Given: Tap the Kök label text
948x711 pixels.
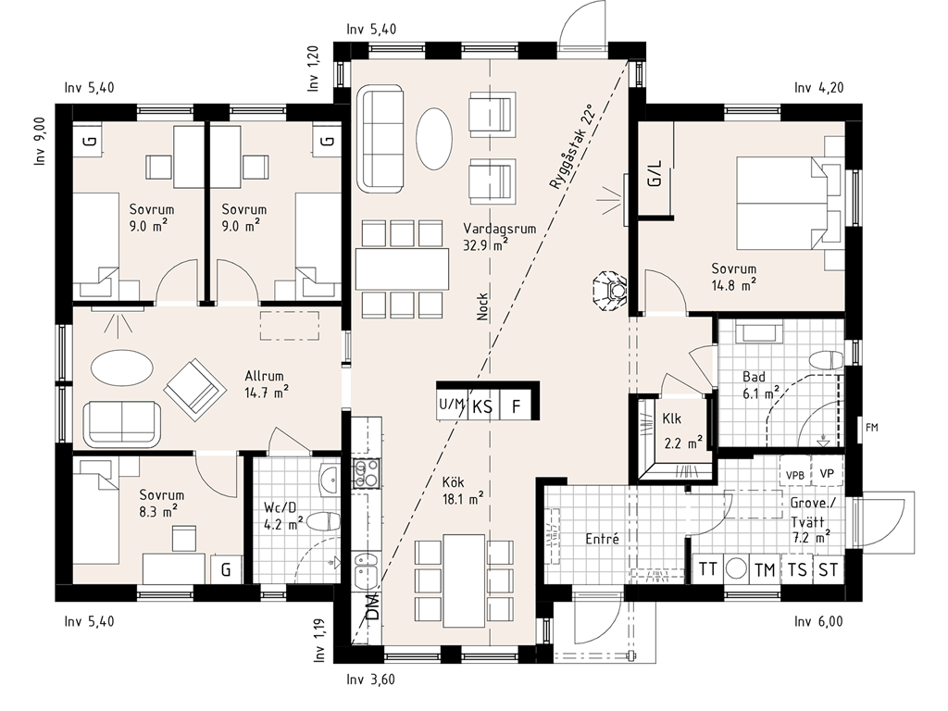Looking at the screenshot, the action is pyautogui.click(x=453, y=481).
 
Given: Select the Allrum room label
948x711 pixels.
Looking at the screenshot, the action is pyautogui.click(x=264, y=376).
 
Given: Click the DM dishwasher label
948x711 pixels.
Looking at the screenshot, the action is pyautogui.click(x=373, y=606).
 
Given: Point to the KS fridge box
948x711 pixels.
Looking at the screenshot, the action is pyautogui.click(x=481, y=406).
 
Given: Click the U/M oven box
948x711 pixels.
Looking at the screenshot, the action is pyautogui.click(x=452, y=406).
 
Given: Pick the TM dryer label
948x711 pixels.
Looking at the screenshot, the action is pyautogui.click(x=765, y=569).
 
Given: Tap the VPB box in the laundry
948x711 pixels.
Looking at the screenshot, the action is pyautogui.click(x=795, y=475).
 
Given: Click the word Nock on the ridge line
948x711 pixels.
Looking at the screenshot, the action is pyautogui.click(x=482, y=306).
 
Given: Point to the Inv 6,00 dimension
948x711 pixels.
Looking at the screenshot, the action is pyautogui.click(x=818, y=621).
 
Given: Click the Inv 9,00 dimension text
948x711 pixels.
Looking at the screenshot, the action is pyautogui.click(x=40, y=142).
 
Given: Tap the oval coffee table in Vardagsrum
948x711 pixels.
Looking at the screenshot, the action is pyautogui.click(x=433, y=139).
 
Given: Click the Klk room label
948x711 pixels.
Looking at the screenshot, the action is pyautogui.click(x=672, y=418).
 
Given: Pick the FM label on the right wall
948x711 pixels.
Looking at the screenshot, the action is pyautogui.click(x=871, y=428).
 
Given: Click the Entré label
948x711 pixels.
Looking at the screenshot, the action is pyautogui.click(x=602, y=539).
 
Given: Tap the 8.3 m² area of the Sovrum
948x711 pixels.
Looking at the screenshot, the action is pyautogui.click(x=157, y=511).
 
